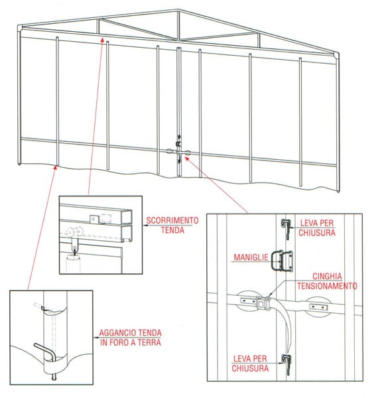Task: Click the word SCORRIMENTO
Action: click(x=172, y=220)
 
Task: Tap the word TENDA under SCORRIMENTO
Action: click(x=172, y=230)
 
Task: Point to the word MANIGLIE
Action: click(x=251, y=257)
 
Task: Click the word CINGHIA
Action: click(x=327, y=276)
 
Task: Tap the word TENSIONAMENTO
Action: click(x=327, y=286)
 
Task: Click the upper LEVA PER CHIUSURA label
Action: click(x=317, y=228)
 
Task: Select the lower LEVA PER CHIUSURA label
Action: click(x=250, y=364)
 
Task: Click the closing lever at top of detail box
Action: click(x=286, y=228)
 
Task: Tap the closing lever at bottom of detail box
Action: click(x=287, y=364)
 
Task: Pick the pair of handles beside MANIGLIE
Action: click(x=282, y=261)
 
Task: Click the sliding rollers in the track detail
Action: click(x=75, y=232)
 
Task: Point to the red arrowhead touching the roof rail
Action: click(x=102, y=39)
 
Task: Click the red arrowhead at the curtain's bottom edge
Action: click(x=55, y=167)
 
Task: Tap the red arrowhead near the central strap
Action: click(x=187, y=159)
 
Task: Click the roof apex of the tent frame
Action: click(x=178, y=11)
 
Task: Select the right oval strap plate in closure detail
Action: click(x=318, y=306)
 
